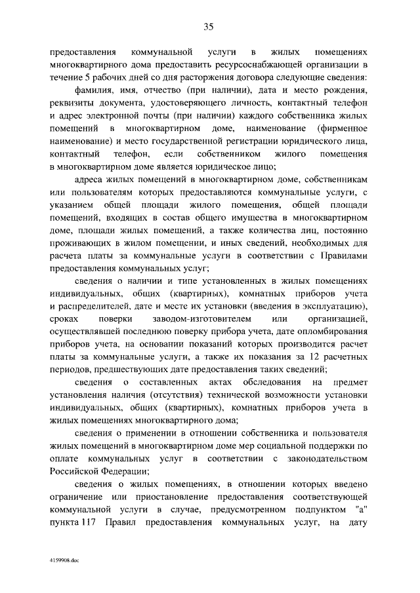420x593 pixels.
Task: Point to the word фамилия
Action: click(93, 90)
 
